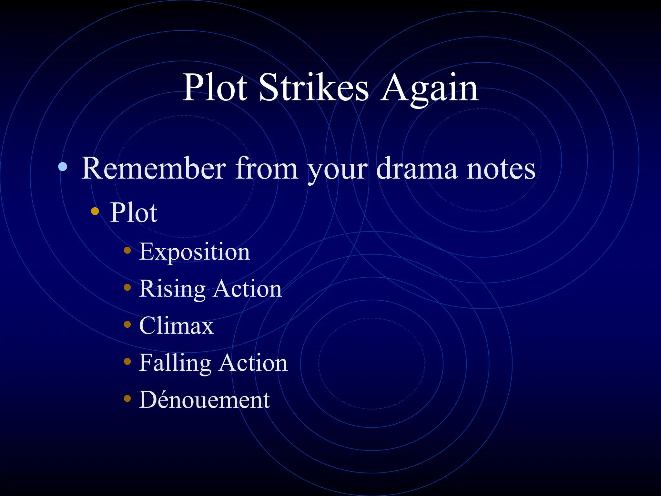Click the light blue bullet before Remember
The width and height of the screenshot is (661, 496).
pos(63,167)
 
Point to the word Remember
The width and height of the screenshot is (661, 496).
pos(154,168)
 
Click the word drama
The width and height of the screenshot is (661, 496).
pos(417,168)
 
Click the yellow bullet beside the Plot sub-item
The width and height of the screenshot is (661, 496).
pos(95,211)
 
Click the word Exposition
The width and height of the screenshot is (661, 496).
pos(194,252)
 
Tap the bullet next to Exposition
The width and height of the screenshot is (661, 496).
pos(127,250)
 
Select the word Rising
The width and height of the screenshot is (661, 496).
pos(172,289)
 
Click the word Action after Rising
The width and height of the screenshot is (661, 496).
pos(247,289)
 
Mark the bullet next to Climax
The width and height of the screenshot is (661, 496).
pos(127,324)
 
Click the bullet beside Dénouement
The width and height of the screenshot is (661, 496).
pos(127,398)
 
